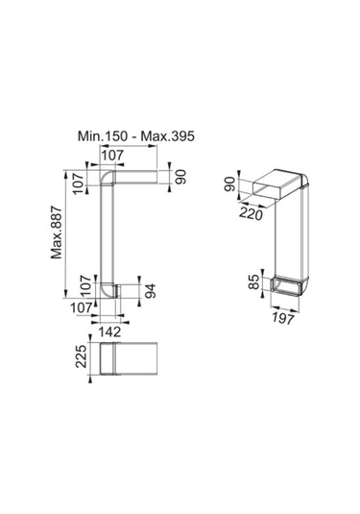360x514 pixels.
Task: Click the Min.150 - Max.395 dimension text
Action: (x=136, y=136)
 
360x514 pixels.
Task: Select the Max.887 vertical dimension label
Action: (x=57, y=233)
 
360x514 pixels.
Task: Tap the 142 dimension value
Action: (x=110, y=332)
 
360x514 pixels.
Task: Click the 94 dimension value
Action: (x=151, y=290)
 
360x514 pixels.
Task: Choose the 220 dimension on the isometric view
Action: (x=252, y=214)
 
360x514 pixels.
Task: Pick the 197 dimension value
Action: (x=283, y=318)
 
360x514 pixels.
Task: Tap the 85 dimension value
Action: (x=253, y=281)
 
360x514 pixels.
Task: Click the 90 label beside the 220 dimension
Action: (x=230, y=184)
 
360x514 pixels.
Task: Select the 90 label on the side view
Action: (x=180, y=177)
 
